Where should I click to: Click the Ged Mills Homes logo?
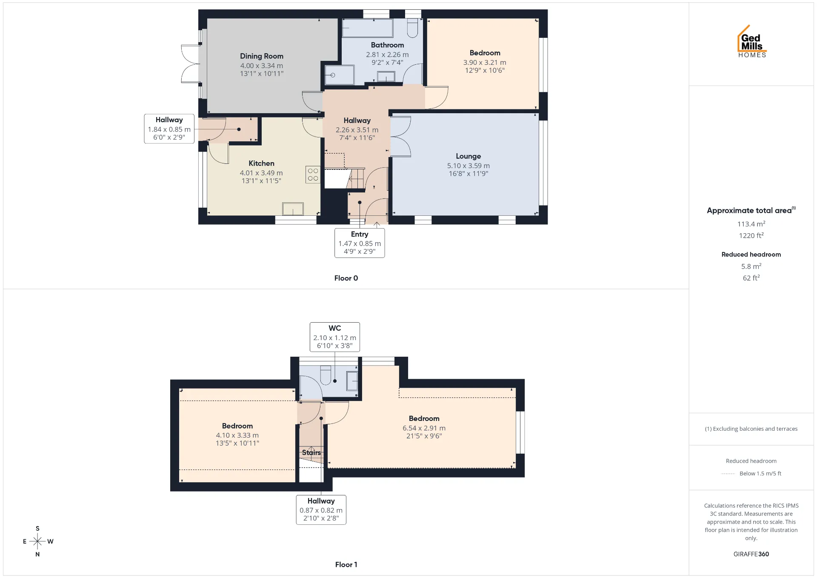(x=752, y=41)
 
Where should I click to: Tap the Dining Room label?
(x=262, y=56)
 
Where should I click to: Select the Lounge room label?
(x=468, y=156)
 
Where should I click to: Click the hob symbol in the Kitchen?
(x=313, y=175)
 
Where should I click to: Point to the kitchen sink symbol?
(x=293, y=209)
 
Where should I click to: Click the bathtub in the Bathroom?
(x=368, y=28)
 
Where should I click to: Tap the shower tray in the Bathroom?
(x=339, y=75)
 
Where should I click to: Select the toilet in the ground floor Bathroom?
(x=412, y=28)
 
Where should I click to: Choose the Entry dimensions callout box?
(x=360, y=243)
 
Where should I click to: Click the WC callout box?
(x=335, y=337)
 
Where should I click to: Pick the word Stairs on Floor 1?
(x=311, y=452)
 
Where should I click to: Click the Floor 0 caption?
(x=346, y=278)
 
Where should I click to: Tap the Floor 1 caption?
(x=346, y=564)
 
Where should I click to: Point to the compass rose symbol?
(x=38, y=541)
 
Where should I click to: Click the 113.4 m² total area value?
(x=751, y=224)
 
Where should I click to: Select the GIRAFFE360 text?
(x=751, y=554)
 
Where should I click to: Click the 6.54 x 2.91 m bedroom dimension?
(x=424, y=428)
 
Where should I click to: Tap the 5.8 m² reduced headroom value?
(x=751, y=266)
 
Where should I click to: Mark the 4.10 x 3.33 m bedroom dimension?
(x=237, y=435)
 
